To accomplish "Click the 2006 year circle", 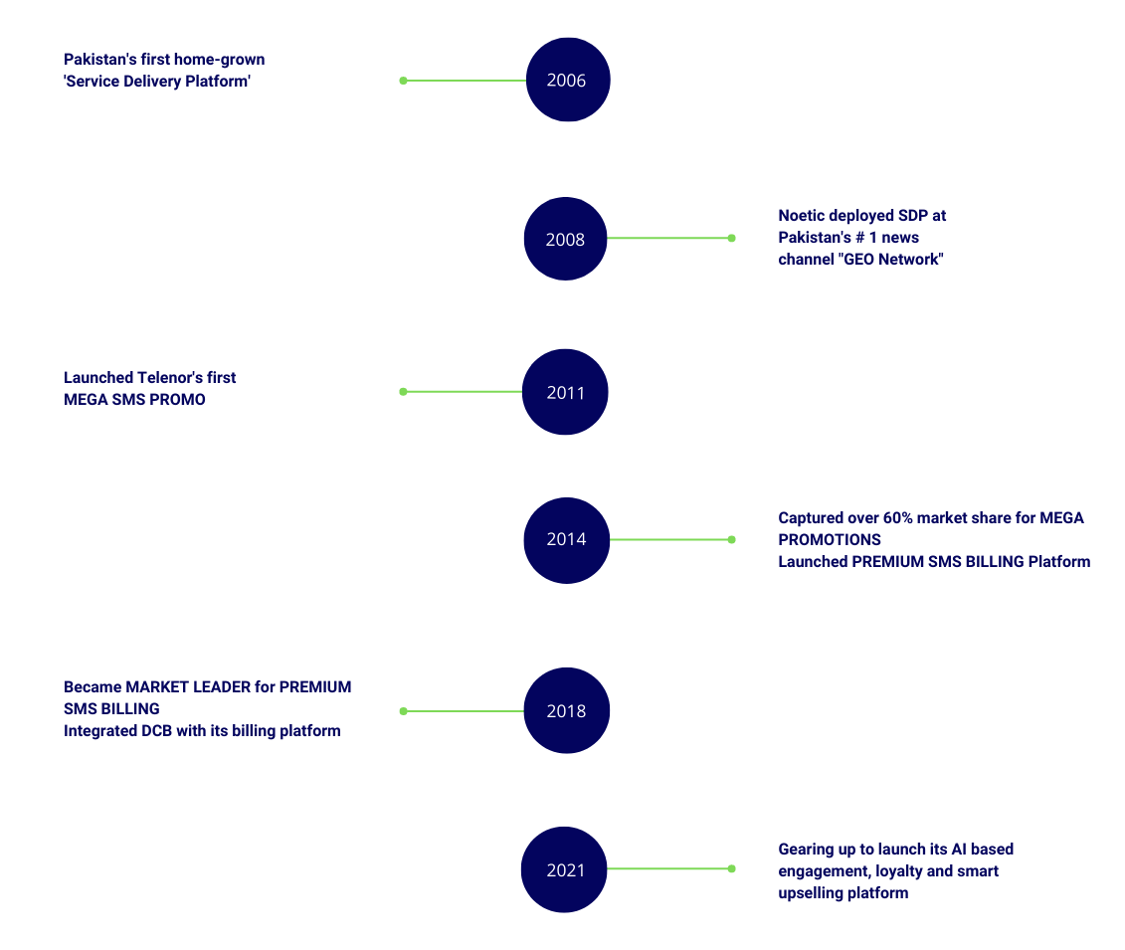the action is pos(568,80).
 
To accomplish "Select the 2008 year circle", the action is pos(565,239).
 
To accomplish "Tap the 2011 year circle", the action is pos(565,392).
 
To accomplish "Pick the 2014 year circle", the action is pos(567,540).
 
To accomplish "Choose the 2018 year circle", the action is pos(567,710).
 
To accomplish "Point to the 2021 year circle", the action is pos(565,869).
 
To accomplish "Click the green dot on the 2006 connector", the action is pos(403,81).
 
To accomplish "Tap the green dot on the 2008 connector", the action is pos(732,238).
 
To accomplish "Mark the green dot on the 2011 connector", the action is pos(403,392).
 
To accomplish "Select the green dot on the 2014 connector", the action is pos(732,539).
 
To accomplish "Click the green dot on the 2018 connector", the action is pos(403,711).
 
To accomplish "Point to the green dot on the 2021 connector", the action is pos(732,868).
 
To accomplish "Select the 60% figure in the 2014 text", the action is pos(897,518).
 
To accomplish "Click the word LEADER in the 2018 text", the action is pos(223,687).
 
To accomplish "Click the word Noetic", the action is pos(801,216).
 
